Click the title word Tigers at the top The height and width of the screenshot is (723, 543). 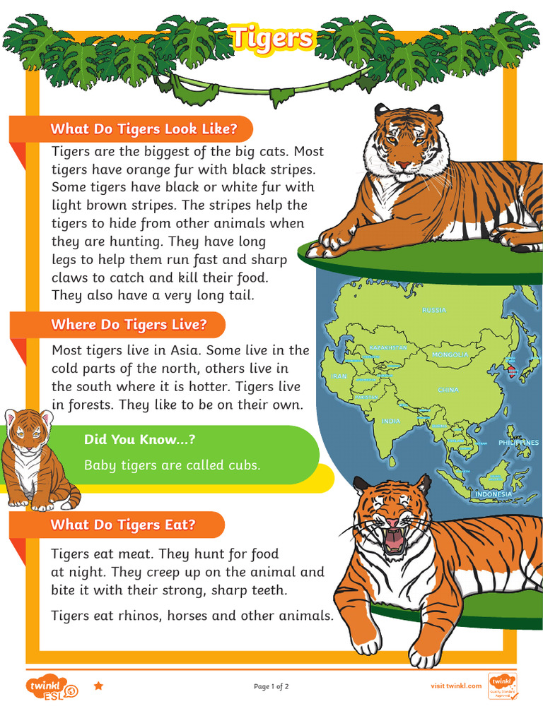pyautogui.click(x=271, y=38)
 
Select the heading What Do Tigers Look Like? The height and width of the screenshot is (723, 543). pyautogui.click(x=143, y=129)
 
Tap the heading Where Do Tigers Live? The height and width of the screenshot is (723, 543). pyautogui.click(x=129, y=325)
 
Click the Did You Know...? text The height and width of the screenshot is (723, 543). pyautogui.click(x=139, y=440)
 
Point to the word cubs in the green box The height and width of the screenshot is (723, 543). pyautogui.click(x=244, y=465)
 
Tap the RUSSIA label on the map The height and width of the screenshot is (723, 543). pyautogui.click(x=434, y=310)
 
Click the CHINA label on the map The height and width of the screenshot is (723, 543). pyautogui.click(x=448, y=390)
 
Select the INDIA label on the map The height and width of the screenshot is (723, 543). pyautogui.click(x=391, y=421)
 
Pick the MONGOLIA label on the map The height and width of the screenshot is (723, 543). pyautogui.click(x=450, y=354)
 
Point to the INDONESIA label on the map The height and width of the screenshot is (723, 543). pyautogui.click(x=493, y=494)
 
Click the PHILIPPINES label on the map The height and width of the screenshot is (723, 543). pyautogui.click(x=518, y=443)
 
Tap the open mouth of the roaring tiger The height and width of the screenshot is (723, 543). pyautogui.click(x=393, y=540)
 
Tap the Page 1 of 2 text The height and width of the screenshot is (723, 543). pyautogui.click(x=271, y=686)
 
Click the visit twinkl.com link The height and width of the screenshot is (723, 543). pyautogui.click(x=456, y=686)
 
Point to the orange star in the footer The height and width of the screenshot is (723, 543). pyautogui.click(x=99, y=686)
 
